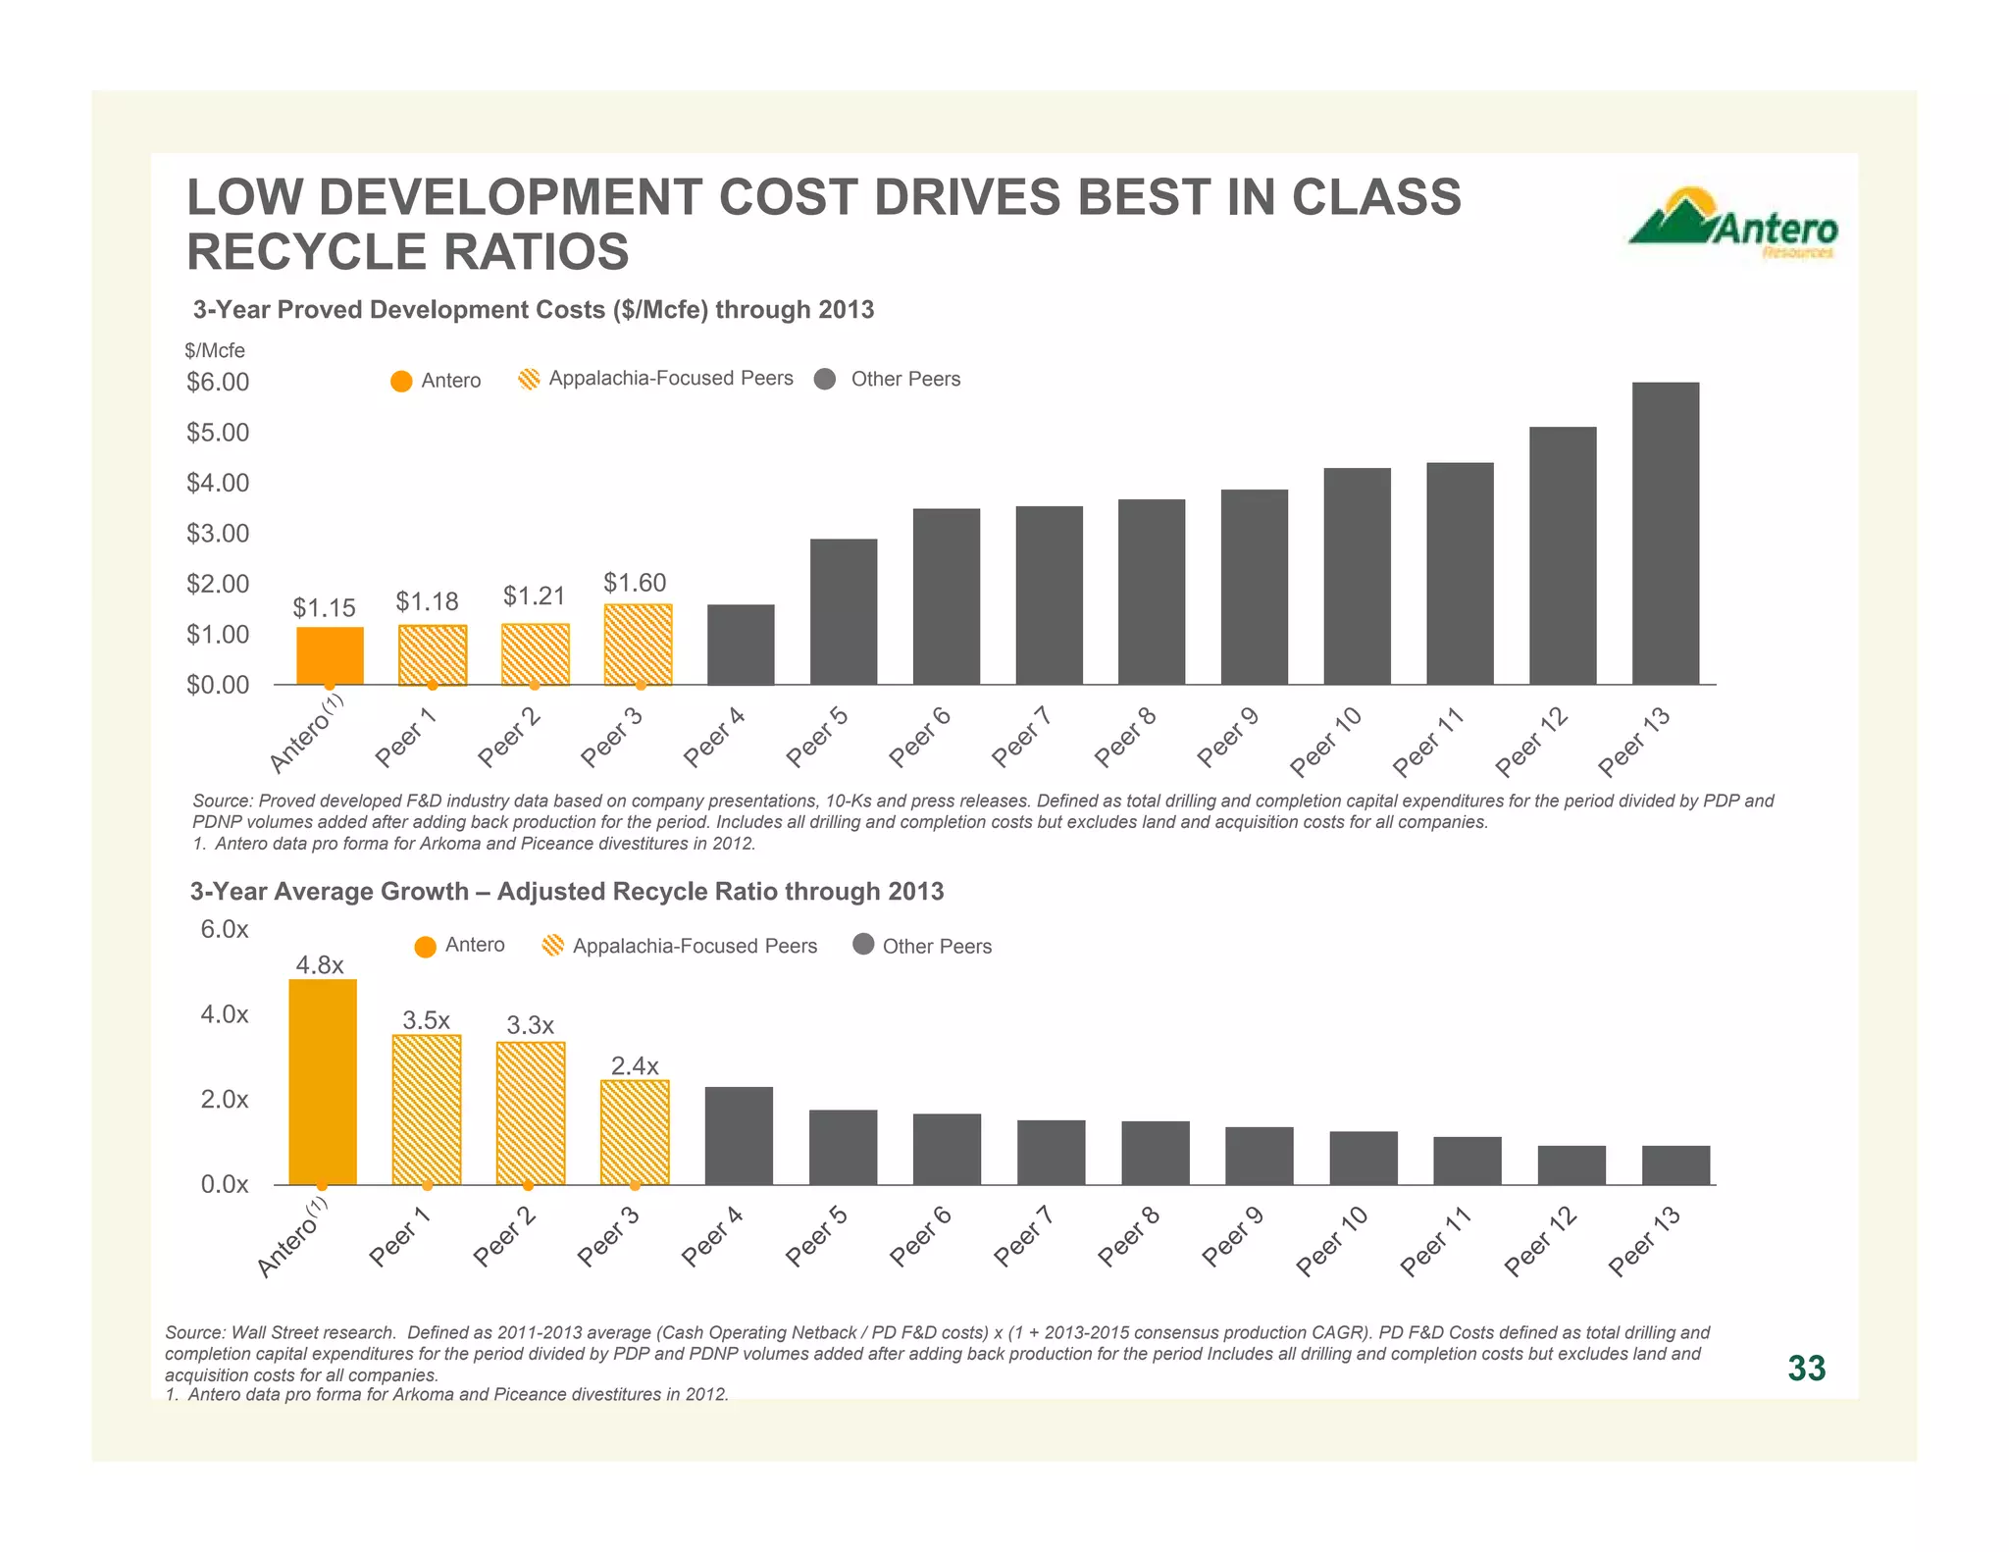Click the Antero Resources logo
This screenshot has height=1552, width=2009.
click(1733, 224)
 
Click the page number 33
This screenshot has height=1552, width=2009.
click(1806, 1368)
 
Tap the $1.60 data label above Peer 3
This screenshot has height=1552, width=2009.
click(635, 583)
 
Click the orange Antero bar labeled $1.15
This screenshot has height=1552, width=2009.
click(330, 655)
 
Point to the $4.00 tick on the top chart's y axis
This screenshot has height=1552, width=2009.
click(218, 483)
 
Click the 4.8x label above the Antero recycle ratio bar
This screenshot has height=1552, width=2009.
click(320, 965)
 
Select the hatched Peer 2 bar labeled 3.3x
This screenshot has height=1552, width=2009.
click(531, 1112)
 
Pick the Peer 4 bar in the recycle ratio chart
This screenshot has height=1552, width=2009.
click(739, 1135)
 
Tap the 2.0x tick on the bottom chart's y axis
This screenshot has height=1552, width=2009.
click(225, 1100)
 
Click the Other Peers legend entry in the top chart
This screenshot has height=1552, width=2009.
click(888, 380)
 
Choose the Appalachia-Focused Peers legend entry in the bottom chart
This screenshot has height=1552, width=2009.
click(679, 946)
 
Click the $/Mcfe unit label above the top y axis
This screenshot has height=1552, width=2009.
click(215, 350)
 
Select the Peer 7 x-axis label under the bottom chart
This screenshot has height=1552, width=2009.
click(1023, 1236)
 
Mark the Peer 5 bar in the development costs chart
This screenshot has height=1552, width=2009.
click(843, 611)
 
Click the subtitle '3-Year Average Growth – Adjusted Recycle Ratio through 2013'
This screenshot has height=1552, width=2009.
click(566, 891)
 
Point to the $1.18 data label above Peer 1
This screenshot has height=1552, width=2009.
click(427, 601)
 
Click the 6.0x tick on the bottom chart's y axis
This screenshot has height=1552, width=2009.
click(225, 929)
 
